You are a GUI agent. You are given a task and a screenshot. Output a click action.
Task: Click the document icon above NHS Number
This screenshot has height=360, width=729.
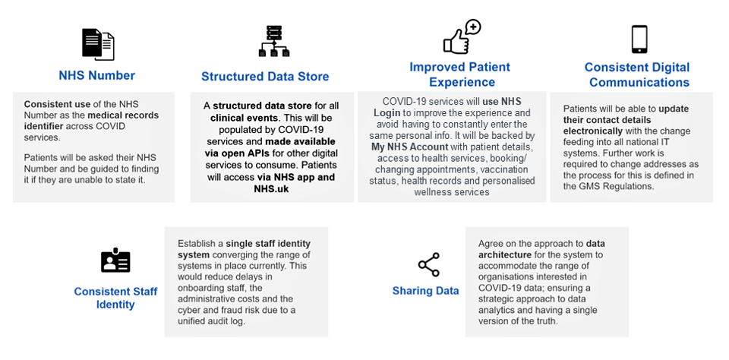click(x=97, y=43)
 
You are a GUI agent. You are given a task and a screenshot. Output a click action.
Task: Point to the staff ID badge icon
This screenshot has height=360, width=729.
click(x=115, y=261)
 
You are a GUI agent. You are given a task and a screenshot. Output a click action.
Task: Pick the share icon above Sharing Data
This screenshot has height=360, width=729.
click(x=428, y=265)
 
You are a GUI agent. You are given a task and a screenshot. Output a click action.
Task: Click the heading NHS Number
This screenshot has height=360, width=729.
click(x=97, y=75)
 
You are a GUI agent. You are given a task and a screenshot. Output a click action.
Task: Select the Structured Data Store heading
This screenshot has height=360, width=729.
click(x=265, y=76)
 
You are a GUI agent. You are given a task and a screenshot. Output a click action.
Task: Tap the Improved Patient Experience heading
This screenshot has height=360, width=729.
click(x=459, y=74)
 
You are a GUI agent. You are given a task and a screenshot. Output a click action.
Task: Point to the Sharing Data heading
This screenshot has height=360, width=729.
click(x=425, y=291)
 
